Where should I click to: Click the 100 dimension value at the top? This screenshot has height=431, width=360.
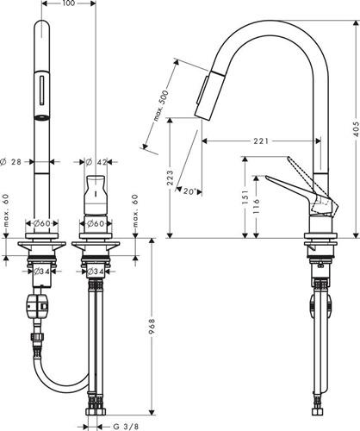click(x=68, y=3)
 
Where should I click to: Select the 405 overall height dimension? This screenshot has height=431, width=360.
click(x=357, y=129)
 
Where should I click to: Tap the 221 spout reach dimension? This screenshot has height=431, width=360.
click(x=261, y=141)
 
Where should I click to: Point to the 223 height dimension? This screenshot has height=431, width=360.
click(x=171, y=178)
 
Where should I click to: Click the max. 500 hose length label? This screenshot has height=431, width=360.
click(x=160, y=105)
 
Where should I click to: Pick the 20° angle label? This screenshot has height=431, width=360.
click(x=189, y=191)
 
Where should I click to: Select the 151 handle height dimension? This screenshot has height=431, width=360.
click(x=245, y=197)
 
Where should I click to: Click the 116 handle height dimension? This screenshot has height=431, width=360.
click(x=257, y=205)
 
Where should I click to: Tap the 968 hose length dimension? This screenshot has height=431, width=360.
click(x=152, y=326)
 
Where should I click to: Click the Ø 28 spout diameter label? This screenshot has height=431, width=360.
click(x=11, y=162)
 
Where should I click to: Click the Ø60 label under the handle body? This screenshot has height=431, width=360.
click(x=96, y=223)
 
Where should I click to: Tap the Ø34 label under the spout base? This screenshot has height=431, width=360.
click(x=41, y=271)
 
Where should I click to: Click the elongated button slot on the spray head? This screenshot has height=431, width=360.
click(x=42, y=90)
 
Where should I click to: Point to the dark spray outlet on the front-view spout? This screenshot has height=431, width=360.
click(x=41, y=117)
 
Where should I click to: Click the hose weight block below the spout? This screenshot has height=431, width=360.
click(x=38, y=305)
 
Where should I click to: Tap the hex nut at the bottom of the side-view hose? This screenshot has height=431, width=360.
click(x=318, y=411)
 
